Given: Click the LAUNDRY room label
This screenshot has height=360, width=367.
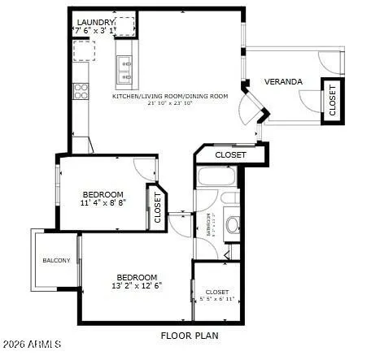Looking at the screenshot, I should click(x=95, y=22).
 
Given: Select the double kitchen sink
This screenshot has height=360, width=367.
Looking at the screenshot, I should click(x=125, y=71).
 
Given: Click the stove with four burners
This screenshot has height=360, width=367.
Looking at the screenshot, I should click(x=81, y=91).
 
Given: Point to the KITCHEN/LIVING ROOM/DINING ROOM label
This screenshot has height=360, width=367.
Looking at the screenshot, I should click(x=170, y=96).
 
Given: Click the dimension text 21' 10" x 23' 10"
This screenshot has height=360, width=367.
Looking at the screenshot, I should click(x=170, y=104).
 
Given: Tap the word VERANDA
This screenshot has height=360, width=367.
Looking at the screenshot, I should click(x=283, y=82).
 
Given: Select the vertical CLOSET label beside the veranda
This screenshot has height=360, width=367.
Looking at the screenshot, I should click(x=332, y=99).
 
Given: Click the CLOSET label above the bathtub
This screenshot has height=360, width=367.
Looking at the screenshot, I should click(x=231, y=154).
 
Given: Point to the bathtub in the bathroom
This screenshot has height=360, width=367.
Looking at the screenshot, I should click(x=216, y=178).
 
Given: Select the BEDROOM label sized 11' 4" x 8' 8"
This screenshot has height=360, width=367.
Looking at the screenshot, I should click(x=103, y=194).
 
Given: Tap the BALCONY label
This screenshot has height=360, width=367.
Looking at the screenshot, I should click(x=57, y=260).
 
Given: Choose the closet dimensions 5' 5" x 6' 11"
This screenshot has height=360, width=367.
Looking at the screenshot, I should click(x=217, y=300).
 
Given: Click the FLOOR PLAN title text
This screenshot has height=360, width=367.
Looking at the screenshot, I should click(x=190, y=335).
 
